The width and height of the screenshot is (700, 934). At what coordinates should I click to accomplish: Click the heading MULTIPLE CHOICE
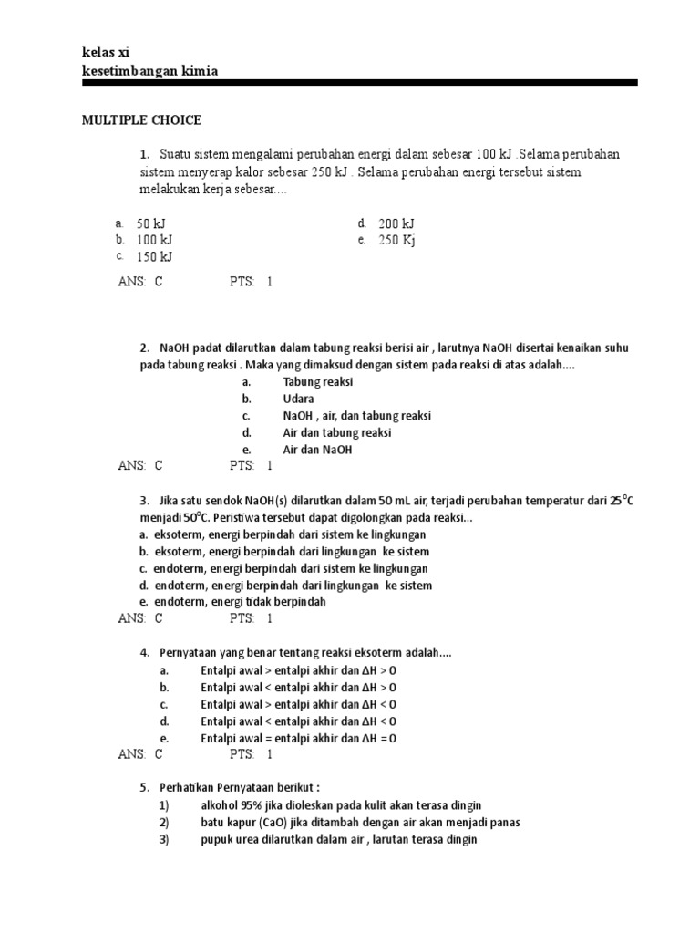pyautogui.click(x=141, y=119)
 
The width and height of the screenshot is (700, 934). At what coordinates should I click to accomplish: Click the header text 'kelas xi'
pyautogui.click(x=107, y=52)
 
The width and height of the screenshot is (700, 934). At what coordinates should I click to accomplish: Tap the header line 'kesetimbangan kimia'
pyautogui.click(x=149, y=70)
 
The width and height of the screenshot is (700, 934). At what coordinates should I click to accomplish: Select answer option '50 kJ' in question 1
pyautogui.click(x=151, y=223)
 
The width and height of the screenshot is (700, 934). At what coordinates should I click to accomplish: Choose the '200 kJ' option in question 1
pyautogui.click(x=396, y=223)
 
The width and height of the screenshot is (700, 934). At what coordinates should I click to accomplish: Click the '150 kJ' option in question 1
pyautogui.click(x=154, y=256)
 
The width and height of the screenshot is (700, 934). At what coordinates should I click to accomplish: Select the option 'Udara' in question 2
pyautogui.click(x=298, y=399)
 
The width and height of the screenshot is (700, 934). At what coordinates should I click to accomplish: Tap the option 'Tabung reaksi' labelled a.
pyautogui.click(x=317, y=382)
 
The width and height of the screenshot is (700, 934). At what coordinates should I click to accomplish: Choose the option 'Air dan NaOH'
pyautogui.click(x=317, y=449)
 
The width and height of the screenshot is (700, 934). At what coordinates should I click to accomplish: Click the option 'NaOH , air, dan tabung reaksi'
pyautogui.click(x=356, y=415)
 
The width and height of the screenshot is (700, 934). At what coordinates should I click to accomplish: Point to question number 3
pyautogui.click(x=144, y=501)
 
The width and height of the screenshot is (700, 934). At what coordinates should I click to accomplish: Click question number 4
pyautogui.click(x=144, y=654)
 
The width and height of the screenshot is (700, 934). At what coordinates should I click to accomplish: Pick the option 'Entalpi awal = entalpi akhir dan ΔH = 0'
pyautogui.click(x=298, y=738)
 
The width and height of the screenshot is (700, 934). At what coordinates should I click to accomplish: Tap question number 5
pyautogui.click(x=144, y=788)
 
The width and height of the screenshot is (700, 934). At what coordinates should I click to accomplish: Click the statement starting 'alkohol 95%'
pyautogui.click(x=341, y=805)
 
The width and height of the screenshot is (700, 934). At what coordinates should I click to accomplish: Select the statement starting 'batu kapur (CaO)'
pyautogui.click(x=360, y=822)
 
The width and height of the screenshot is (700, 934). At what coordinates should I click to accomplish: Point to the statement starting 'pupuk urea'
pyautogui.click(x=339, y=839)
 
